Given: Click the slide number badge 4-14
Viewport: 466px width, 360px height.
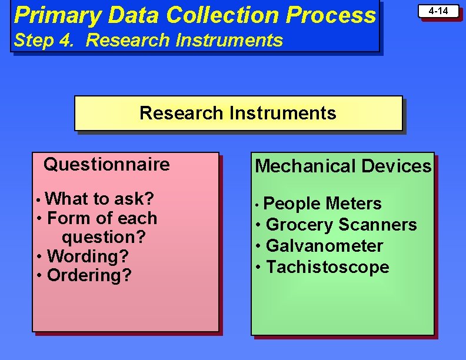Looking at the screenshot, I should click(438, 11).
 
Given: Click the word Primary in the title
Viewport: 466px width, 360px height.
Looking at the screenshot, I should click(57, 15).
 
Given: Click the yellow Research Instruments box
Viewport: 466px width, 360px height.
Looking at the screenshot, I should click(238, 113).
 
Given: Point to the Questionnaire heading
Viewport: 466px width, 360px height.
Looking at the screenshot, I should click(106, 164).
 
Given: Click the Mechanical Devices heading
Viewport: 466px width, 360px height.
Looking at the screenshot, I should click(342, 166).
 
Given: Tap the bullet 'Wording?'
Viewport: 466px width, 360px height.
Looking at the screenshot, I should click(88, 256).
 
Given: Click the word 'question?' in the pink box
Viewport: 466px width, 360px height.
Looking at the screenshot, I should click(104, 237).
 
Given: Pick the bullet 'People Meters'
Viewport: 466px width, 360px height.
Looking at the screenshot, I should click(322, 204).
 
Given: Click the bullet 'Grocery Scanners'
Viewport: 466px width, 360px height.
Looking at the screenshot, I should click(341, 225).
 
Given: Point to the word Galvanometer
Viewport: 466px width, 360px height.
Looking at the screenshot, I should click(324, 246).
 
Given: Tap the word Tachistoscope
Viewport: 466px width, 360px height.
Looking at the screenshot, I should click(328, 267).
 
